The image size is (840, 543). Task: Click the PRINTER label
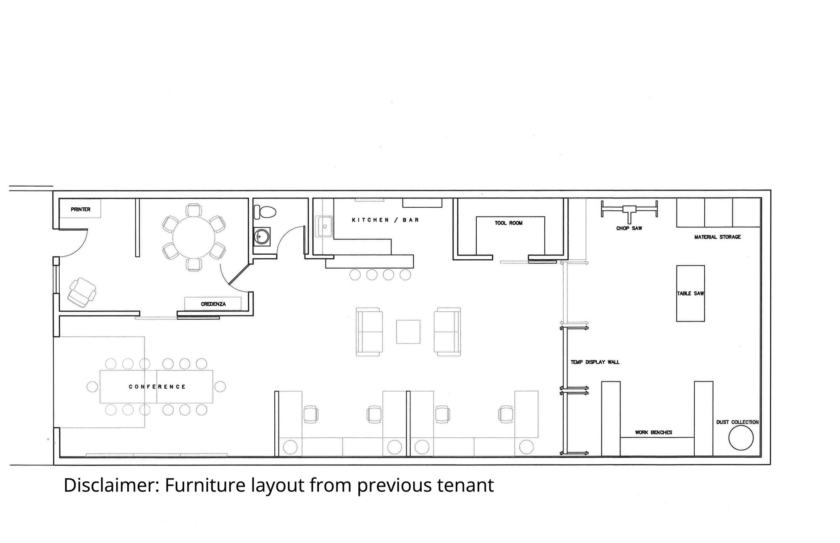coord(81,209)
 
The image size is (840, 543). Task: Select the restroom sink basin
coord(262,237)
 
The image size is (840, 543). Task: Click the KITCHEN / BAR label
coord(385,220)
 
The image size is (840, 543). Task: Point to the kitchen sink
coord(325,227)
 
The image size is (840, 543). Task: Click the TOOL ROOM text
coord(509,223)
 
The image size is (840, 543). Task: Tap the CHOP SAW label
coord(629,228)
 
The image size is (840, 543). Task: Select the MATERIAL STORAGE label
coord(717,237)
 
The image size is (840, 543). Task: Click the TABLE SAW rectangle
coord(690,293)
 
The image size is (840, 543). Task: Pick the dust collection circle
coord(741,438)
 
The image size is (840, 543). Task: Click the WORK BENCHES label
coord(654,432)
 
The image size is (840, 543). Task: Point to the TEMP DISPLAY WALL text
coord(595,362)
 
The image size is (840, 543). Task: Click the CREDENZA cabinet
coord(213,304)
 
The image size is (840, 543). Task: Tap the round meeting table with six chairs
coord(194,237)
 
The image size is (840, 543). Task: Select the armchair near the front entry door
coord(82,292)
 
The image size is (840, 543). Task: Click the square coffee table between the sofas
coord(408,332)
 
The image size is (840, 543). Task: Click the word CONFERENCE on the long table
coord(157,386)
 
